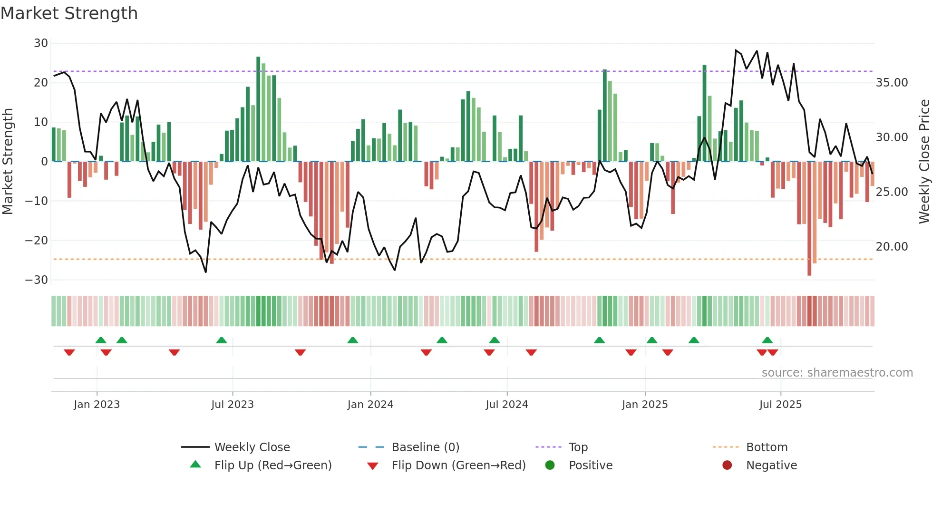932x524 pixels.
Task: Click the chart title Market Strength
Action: [69, 13]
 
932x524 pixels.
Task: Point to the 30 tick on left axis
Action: [41, 43]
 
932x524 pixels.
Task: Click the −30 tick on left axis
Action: [37, 280]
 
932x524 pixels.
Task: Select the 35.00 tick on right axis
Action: [892, 83]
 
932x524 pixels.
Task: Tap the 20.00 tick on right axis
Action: [892, 247]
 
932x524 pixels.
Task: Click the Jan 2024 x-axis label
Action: [370, 405]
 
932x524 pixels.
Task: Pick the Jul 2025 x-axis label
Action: [780, 405]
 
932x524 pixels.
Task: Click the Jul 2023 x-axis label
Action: [233, 405]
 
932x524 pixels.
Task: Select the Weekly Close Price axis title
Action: [924, 162]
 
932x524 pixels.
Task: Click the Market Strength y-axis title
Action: [8, 162]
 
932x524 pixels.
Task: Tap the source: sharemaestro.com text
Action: [837, 373]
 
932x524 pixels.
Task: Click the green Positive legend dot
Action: [550, 466]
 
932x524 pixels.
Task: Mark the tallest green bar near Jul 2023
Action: [258, 109]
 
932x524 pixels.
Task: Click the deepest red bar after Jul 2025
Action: [809, 219]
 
